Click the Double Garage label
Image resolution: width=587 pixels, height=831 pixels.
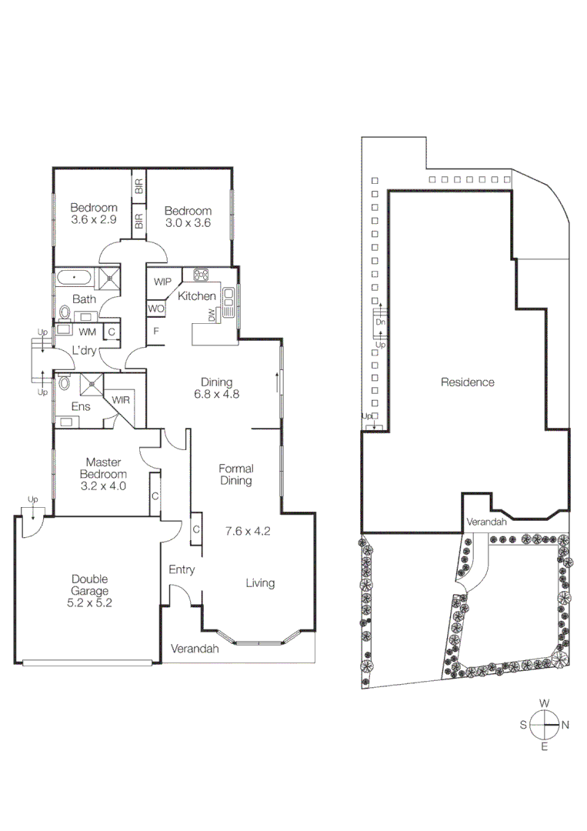[x=90, y=579]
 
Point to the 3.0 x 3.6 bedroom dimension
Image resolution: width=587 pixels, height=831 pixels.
[x=188, y=223]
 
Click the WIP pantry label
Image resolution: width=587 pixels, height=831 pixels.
[x=162, y=282]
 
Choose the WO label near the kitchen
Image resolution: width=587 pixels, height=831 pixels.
[x=156, y=309]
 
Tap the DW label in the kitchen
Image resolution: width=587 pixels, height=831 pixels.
[x=211, y=314]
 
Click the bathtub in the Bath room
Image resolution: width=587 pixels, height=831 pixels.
[x=75, y=278]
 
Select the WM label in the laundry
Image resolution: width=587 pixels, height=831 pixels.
[x=87, y=332]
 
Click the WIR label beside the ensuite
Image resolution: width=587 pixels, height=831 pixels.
[x=120, y=399]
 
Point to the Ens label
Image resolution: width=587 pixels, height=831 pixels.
[x=81, y=406]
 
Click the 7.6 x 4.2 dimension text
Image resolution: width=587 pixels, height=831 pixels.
[x=248, y=530]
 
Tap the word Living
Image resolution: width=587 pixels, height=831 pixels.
[x=260, y=582]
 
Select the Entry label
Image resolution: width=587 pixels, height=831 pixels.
[x=182, y=570]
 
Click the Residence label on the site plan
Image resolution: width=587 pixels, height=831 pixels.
[x=467, y=382]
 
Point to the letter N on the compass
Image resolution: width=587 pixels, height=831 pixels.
[x=565, y=724]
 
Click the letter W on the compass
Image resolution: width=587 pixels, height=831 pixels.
[x=544, y=703]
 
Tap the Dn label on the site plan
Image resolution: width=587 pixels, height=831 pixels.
[x=380, y=322]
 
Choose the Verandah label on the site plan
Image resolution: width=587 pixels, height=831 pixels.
[x=487, y=522]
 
